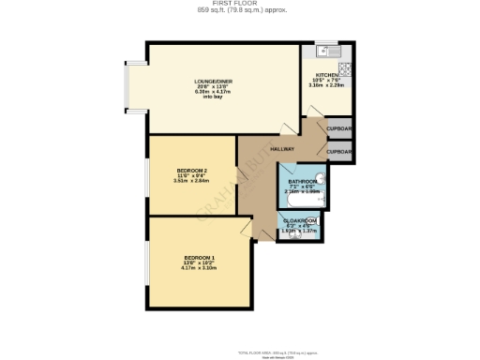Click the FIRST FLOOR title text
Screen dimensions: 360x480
(x=242, y=4)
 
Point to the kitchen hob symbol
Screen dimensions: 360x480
(x=344, y=67)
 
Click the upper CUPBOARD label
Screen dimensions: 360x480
(x=338, y=128)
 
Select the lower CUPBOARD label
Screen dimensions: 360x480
(x=338, y=150)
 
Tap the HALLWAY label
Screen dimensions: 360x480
(x=282, y=149)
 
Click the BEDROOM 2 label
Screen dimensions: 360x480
(x=191, y=170)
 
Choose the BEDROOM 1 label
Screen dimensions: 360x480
(x=199, y=257)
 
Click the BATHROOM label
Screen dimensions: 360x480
(x=302, y=181)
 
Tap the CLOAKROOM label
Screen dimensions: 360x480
(x=302, y=221)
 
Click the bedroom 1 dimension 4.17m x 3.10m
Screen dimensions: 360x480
(x=199, y=268)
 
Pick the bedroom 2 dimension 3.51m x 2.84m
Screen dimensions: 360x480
(x=191, y=181)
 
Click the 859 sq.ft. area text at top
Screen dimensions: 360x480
(x=242, y=10)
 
